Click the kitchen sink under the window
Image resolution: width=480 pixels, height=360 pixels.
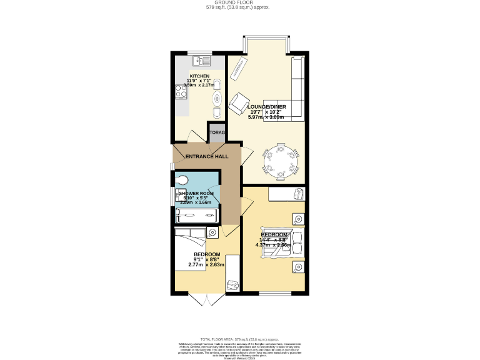click(203, 61)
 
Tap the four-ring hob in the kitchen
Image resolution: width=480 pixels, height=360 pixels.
click(181, 92)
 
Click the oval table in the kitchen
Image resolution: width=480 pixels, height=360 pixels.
click(217, 99)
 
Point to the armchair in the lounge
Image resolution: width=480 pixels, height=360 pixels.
click(238, 104)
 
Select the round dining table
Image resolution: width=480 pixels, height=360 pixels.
click(282, 161)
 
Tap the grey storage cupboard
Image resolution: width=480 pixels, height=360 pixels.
click(217, 132)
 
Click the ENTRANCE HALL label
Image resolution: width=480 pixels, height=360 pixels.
click(206, 156)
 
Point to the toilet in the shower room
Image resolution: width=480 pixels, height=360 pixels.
click(181, 181)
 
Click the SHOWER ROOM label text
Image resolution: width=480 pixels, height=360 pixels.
click(197, 194)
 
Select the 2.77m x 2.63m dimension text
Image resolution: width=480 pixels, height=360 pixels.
click(206, 265)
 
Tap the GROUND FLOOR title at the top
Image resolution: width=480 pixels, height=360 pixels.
click(240, 2)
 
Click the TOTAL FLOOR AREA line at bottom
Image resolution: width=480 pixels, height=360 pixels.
click(240, 337)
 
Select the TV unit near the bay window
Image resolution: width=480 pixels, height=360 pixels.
click(237, 72)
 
